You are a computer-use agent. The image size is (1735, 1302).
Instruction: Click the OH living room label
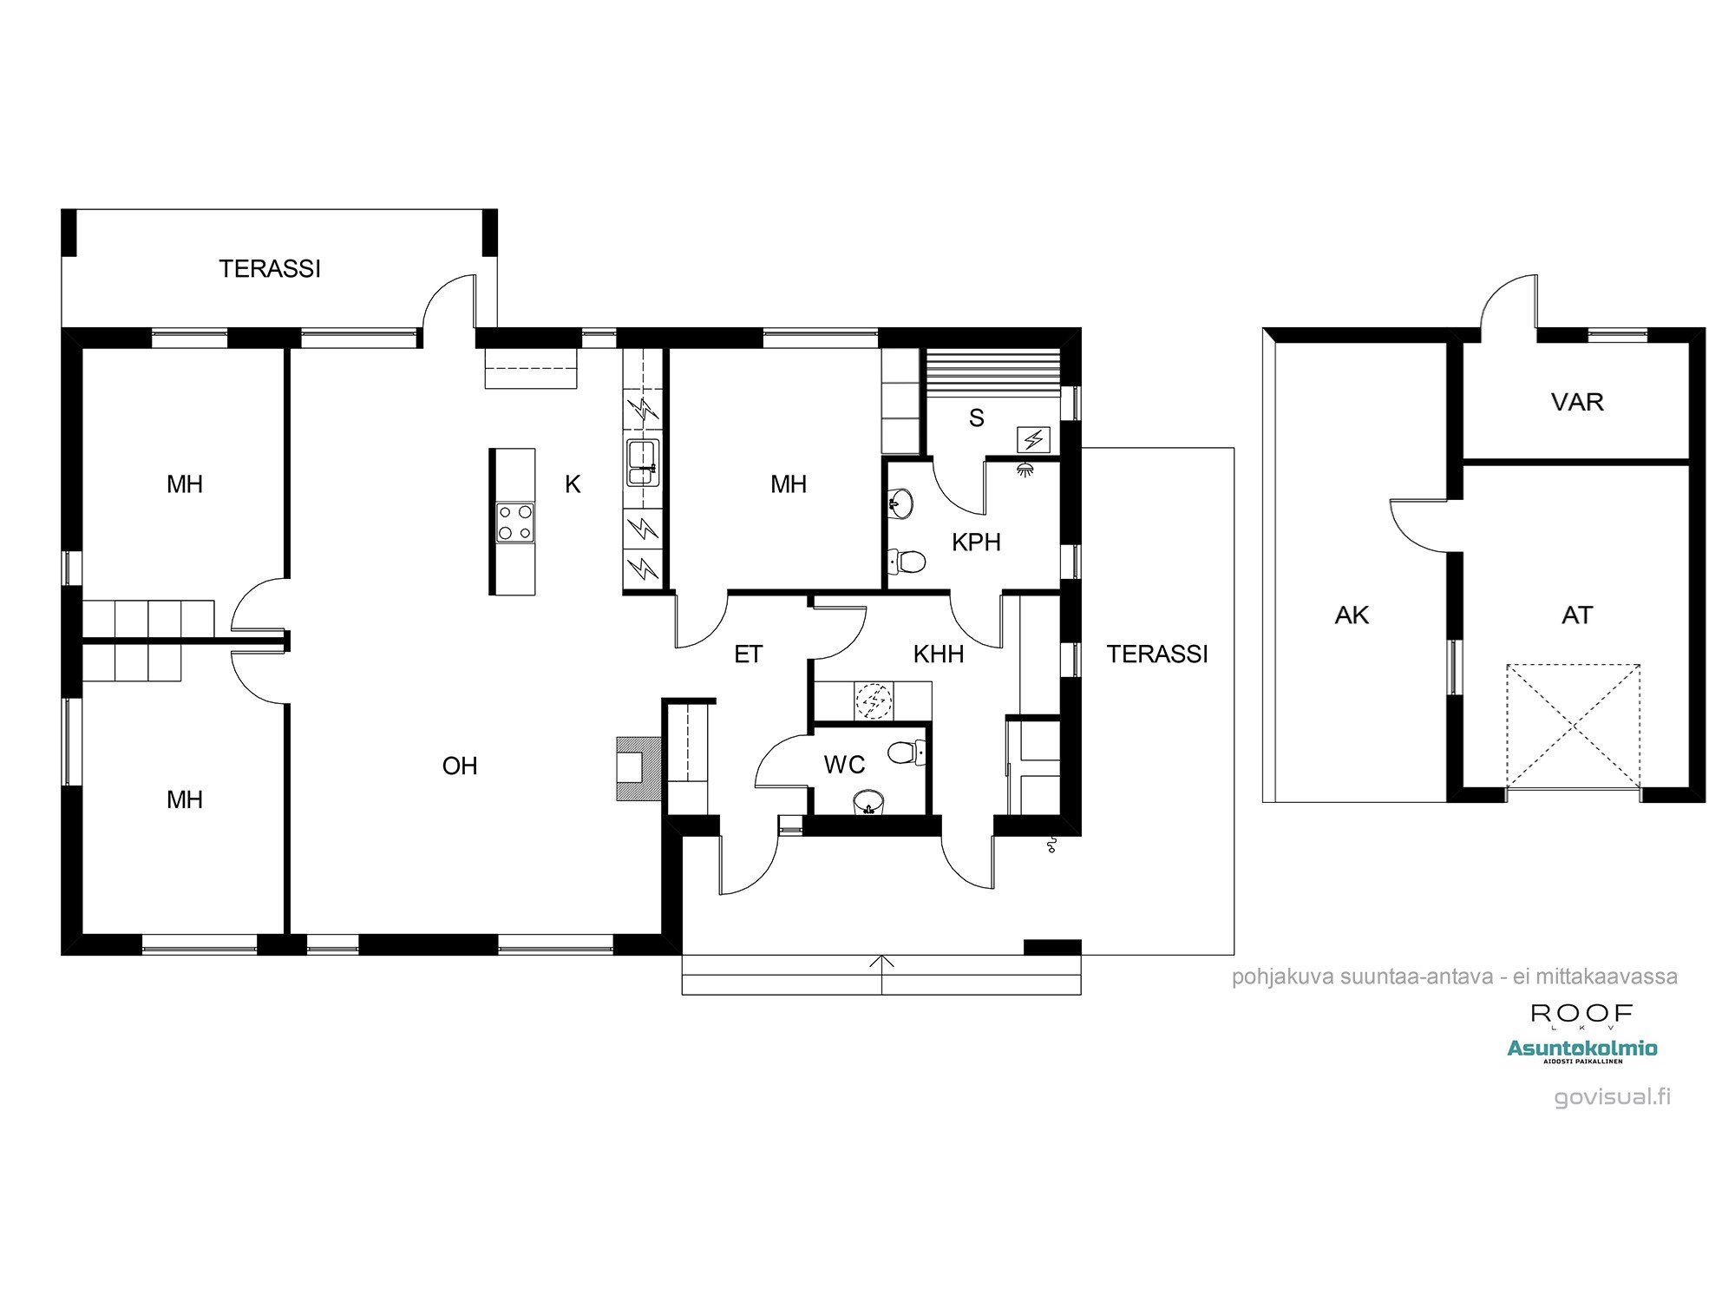pyautogui.click(x=460, y=766)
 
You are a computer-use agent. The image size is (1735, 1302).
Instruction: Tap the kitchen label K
pyautogui.click(x=573, y=484)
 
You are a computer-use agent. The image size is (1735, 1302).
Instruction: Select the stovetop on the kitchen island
pyautogui.click(x=515, y=523)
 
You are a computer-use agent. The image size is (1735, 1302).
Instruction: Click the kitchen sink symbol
pyautogui.click(x=642, y=464)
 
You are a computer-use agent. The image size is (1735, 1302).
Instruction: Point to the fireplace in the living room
pyautogui.click(x=638, y=768)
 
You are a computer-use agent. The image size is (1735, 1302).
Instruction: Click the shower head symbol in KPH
pyautogui.click(x=1026, y=470)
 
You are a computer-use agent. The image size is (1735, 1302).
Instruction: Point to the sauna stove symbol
pyautogui.click(x=1032, y=440)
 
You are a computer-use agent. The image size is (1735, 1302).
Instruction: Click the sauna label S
pyautogui.click(x=977, y=418)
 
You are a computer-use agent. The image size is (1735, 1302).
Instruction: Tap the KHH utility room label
pyautogui.click(x=939, y=654)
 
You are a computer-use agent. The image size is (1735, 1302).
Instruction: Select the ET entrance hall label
pyautogui.click(x=748, y=654)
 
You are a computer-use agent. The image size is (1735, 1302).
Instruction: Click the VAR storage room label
pyautogui.click(x=1577, y=402)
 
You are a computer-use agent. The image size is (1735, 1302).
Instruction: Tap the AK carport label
pyautogui.click(x=1352, y=615)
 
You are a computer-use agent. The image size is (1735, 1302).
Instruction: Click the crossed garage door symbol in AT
pyautogui.click(x=1573, y=726)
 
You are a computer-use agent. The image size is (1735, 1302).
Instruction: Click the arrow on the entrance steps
pyautogui.click(x=881, y=963)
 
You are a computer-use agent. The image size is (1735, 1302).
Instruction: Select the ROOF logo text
pyautogui.click(x=1581, y=1013)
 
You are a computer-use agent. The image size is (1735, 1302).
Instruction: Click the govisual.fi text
pyautogui.click(x=1612, y=1096)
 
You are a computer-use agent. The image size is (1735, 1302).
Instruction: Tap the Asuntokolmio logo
pyautogui.click(x=1582, y=1049)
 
